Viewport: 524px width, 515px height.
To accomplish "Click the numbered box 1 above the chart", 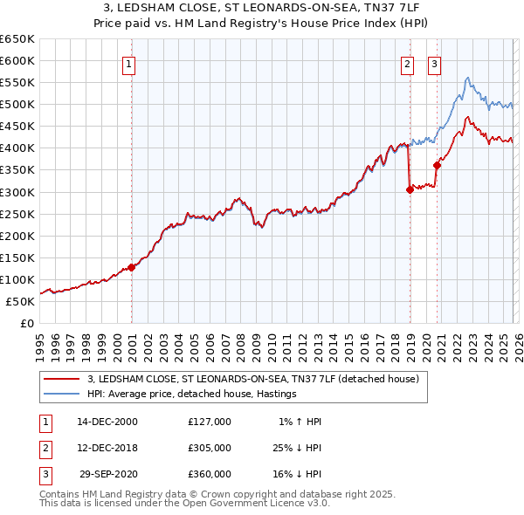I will click(128, 63).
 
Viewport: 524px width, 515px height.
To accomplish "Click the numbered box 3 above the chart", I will click(434, 63).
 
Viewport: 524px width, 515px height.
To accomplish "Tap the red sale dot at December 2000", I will click(132, 267).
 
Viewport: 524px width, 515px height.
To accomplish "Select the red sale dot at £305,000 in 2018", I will click(410, 189).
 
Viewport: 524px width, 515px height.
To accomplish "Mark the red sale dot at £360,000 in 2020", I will click(437, 165).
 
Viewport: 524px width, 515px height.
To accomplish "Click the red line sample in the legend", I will click(62, 379).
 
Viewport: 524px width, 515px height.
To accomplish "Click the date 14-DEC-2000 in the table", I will click(108, 422).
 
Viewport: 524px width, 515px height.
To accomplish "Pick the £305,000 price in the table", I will click(210, 448).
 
